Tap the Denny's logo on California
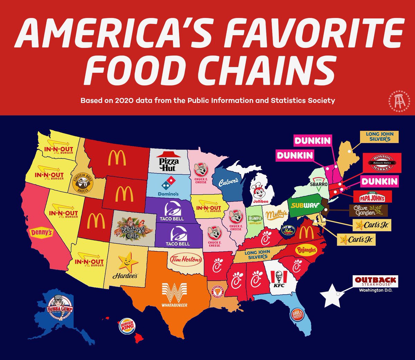tap(41, 232)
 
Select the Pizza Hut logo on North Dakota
tap(169, 162)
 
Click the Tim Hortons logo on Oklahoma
tap(186, 259)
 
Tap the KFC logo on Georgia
tap(279, 278)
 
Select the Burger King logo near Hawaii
tap(127, 326)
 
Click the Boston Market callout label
tap(382, 163)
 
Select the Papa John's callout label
tap(372, 197)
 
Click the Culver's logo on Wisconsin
tap(228, 182)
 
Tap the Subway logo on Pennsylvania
tap(305, 205)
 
